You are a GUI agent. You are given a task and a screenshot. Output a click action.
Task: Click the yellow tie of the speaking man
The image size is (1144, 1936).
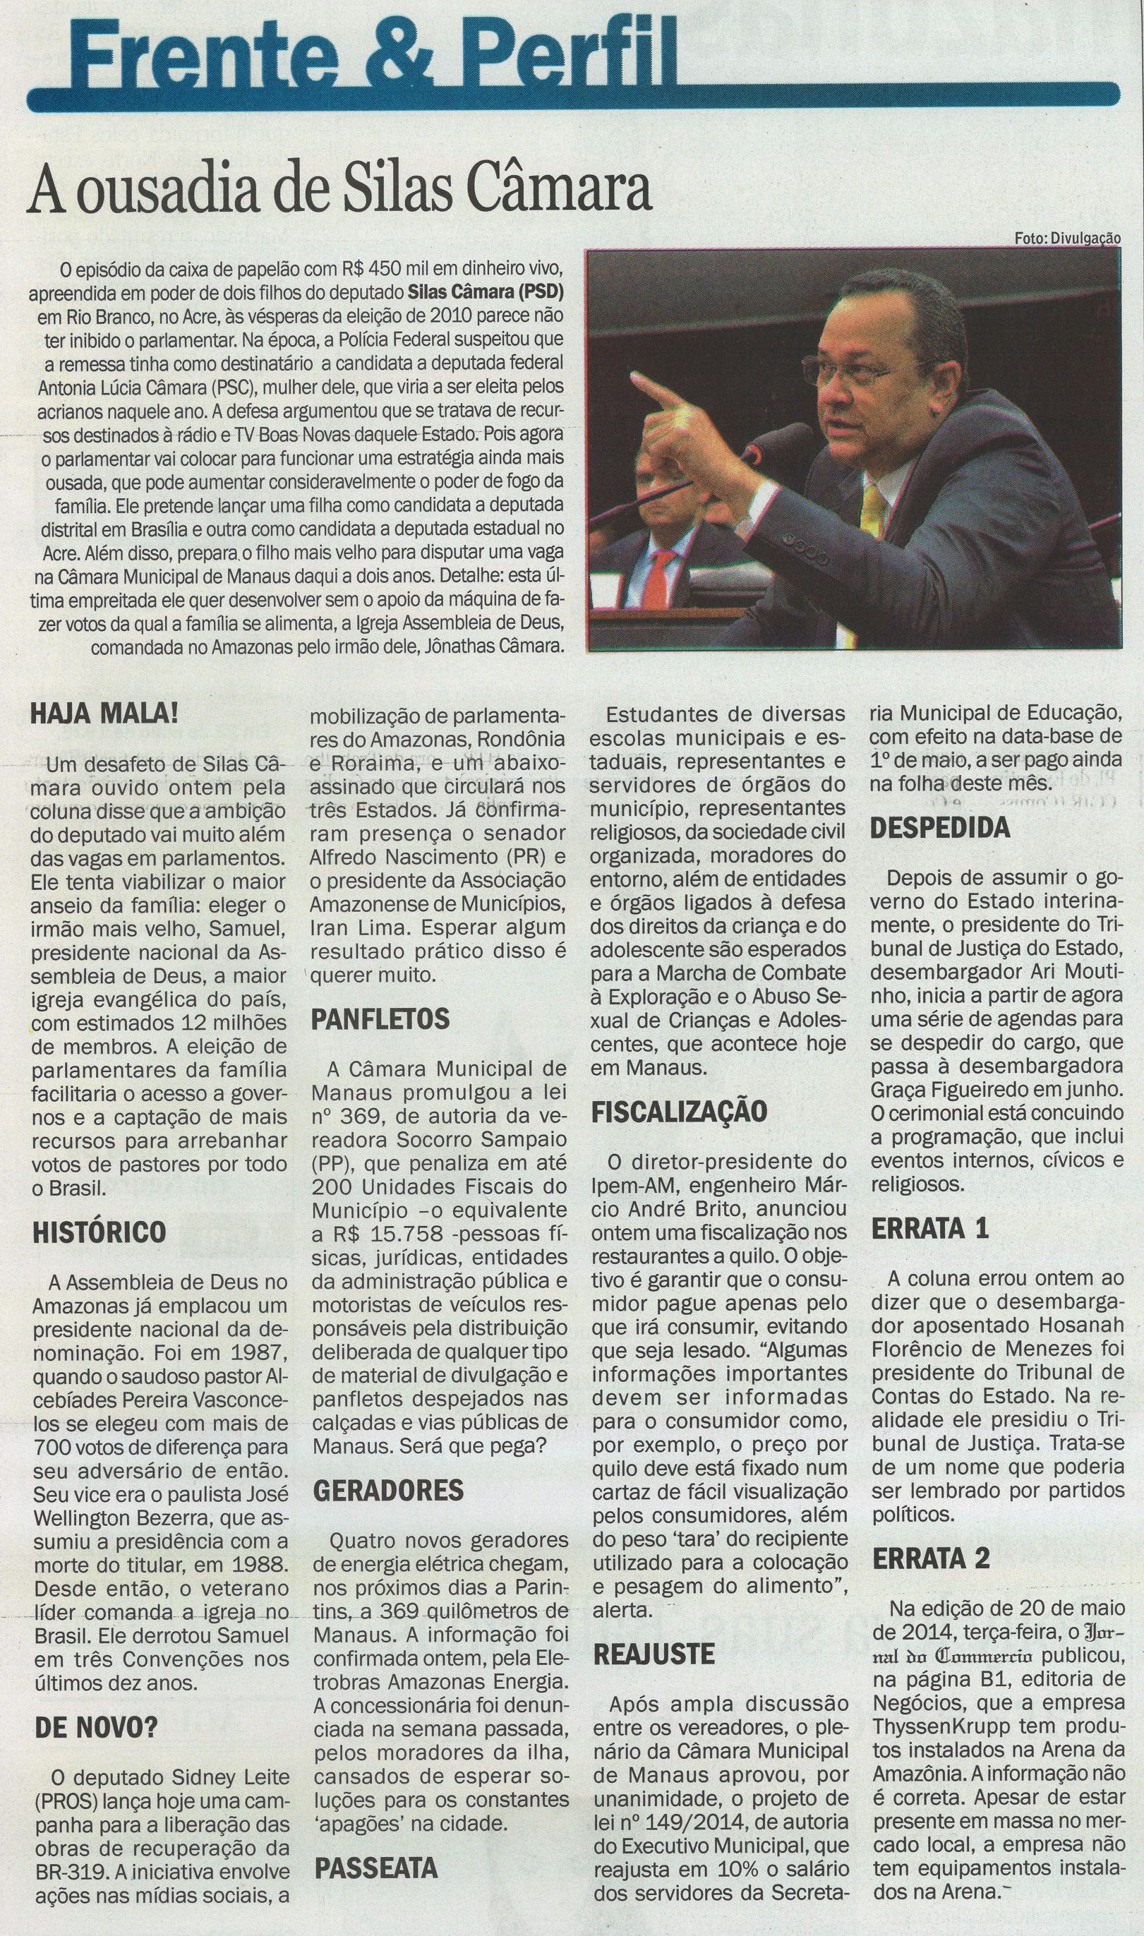[873, 510]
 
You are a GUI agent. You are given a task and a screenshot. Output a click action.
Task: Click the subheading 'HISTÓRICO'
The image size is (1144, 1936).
[99, 1232]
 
